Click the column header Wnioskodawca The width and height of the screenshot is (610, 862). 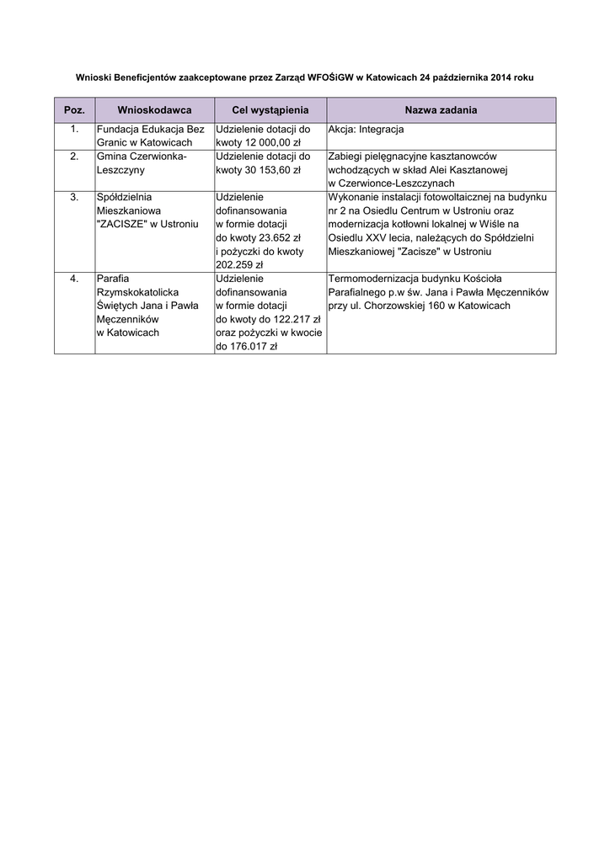pyautogui.click(x=154, y=110)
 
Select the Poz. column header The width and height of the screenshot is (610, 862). pyautogui.click(x=74, y=110)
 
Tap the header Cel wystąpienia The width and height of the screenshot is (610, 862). pyautogui.click(x=270, y=110)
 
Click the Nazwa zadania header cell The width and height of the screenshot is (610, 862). pyautogui.click(x=441, y=110)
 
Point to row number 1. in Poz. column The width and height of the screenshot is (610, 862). pyautogui.click(x=74, y=130)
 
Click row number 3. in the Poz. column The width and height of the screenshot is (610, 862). pyautogui.click(x=74, y=197)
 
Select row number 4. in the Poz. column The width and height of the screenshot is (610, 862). pyautogui.click(x=74, y=278)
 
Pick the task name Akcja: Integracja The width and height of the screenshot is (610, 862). pyautogui.click(x=366, y=130)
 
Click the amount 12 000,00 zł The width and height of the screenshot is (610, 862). pyautogui.click(x=253, y=143)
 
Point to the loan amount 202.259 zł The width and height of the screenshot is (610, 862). pyautogui.click(x=240, y=264)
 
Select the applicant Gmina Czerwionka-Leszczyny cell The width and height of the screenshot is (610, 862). pyautogui.click(x=142, y=163)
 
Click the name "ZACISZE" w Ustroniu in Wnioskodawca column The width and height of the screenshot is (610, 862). pyautogui.click(x=147, y=224)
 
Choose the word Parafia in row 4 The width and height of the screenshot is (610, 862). pyautogui.click(x=112, y=278)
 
